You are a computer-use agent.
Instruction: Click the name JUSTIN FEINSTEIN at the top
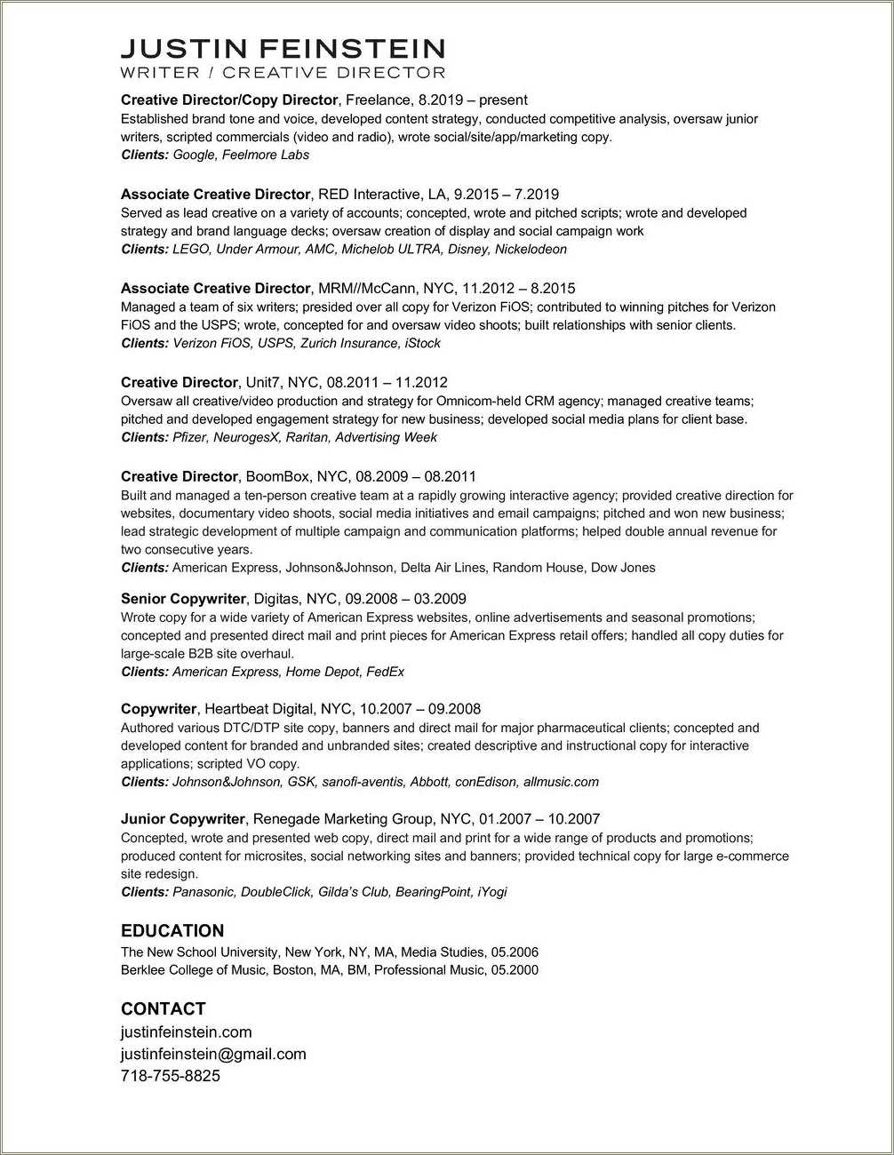(x=283, y=48)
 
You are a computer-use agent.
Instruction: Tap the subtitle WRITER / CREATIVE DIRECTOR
(x=283, y=73)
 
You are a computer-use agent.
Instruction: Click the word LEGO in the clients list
(x=190, y=249)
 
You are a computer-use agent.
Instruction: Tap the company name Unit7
(x=263, y=383)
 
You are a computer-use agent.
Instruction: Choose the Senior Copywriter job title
(x=183, y=600)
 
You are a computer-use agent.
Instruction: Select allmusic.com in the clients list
(x=561, y=782)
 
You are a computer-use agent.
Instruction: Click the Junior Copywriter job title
(x=183, y=819)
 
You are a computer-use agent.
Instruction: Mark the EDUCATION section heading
(x=172, y=931)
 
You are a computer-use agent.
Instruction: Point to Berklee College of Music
(x=193, y=970)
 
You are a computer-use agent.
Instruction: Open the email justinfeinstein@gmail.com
(x=213, y=1055)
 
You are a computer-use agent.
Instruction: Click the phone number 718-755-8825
(x=170, y=1076)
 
